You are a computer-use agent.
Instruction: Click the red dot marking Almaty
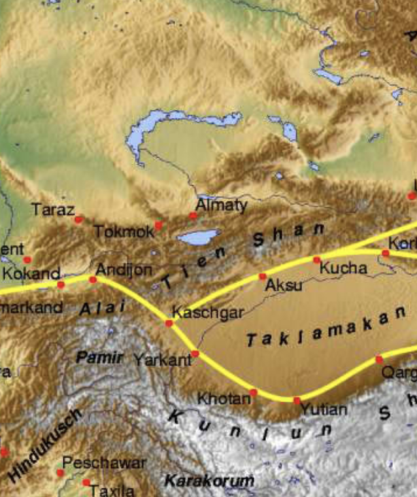(193, 215)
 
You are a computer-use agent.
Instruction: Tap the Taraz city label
(50, 210)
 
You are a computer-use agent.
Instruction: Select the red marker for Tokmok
(158, 225)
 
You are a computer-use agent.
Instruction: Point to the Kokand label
(31, 273)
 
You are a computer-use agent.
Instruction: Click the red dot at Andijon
(93, 279)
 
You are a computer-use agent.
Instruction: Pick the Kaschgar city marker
(169, 323)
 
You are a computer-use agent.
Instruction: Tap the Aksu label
(284, 286)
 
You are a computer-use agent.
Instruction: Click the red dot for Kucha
(317, 260)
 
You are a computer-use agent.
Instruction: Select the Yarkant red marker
(195, 354)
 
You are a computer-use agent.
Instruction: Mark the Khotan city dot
(254, 392)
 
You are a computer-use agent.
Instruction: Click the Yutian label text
(324, 410)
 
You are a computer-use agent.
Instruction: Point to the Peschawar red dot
(60, 473)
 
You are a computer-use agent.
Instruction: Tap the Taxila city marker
(86, 483)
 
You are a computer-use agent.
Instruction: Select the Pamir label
(99, 358)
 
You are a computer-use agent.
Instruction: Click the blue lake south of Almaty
(199, 236)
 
